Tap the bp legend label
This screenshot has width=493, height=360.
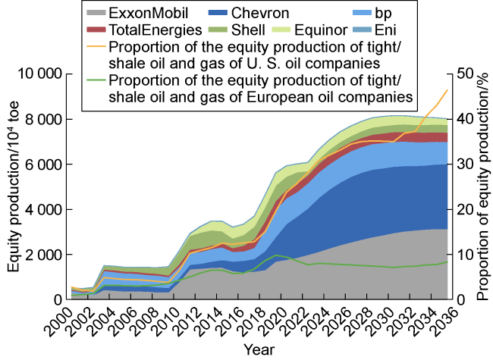click(x=391, y=13)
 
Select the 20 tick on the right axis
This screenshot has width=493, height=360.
click(x=465, y=210)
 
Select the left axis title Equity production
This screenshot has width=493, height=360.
click(x=14, y=187)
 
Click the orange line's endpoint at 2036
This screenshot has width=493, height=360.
click(x=447, y=90)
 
